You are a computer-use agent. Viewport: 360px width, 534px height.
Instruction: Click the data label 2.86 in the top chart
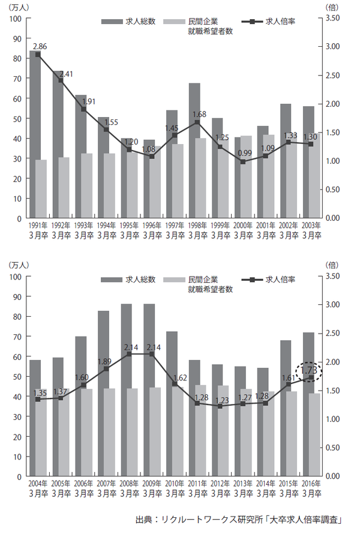pyautogui.click(x=40, y=46)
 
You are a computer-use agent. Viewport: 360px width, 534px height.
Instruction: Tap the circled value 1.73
pyautogui.click(x=309, y=371)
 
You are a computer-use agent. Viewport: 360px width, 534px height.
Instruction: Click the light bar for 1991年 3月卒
pyautogui.click(x=41, y=189)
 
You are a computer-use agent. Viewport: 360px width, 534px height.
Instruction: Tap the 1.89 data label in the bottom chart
pyautogui.click(x=106, y=361)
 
